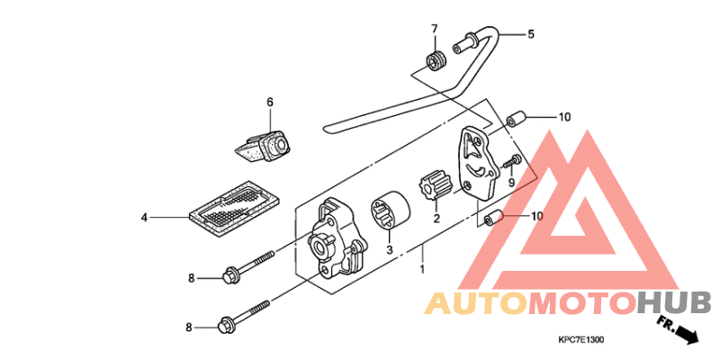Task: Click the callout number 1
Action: [422, 268]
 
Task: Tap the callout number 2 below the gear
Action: [436, 218]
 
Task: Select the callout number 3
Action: [390, 250]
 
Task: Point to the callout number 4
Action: [145, 217]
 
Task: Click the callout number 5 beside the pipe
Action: [531, 33]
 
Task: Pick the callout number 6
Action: [270, 102]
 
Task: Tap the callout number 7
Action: [435, 29]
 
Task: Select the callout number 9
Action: [511, 184]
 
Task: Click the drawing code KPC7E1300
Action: [580, 340]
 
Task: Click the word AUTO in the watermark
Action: [476, 304]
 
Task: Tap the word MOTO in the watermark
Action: [582, 304]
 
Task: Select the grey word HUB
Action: [675, 304]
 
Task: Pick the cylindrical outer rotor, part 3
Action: [391, 211]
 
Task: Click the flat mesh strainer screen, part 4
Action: [235, 211]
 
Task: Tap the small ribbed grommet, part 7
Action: [435, 61]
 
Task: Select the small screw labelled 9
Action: [512, 161]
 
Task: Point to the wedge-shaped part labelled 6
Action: [263, 145]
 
